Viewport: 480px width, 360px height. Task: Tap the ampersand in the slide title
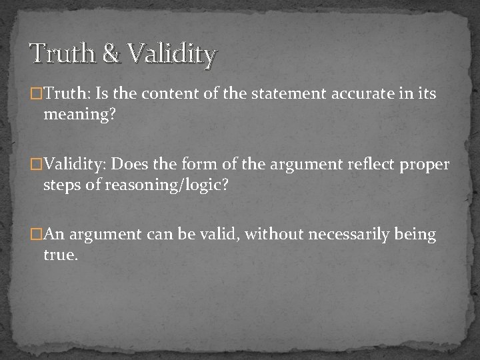pos(111,53)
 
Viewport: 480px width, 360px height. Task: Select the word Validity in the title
pos(171,53)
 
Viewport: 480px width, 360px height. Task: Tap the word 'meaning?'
pos(79,115)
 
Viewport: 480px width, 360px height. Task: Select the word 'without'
pos(272,235)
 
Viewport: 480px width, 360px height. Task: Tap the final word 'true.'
pos(61,255)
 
